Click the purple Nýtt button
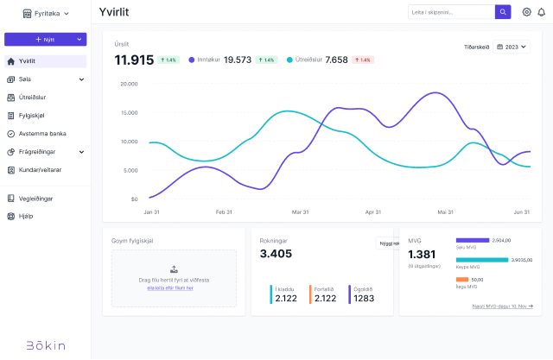tap(45, 40)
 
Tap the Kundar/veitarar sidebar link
tap(40, 170)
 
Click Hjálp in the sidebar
tap(25, 216)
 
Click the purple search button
tap(503, 12)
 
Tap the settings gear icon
tap(526, 12)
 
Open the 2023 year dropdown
tap(511, 47)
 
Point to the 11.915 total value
tap(134, 60)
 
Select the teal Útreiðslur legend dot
tap(289, 60)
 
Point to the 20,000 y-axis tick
tap(129, 85)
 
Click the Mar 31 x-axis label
tap(301, 212)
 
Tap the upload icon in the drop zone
tap(174, 269)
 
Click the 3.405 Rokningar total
tap(276, 254)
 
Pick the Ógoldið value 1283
tap(364, 299)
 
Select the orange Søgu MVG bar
tap(462, 280)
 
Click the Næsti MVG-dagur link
tap(502, 306)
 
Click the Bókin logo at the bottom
tap(45, 345)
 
